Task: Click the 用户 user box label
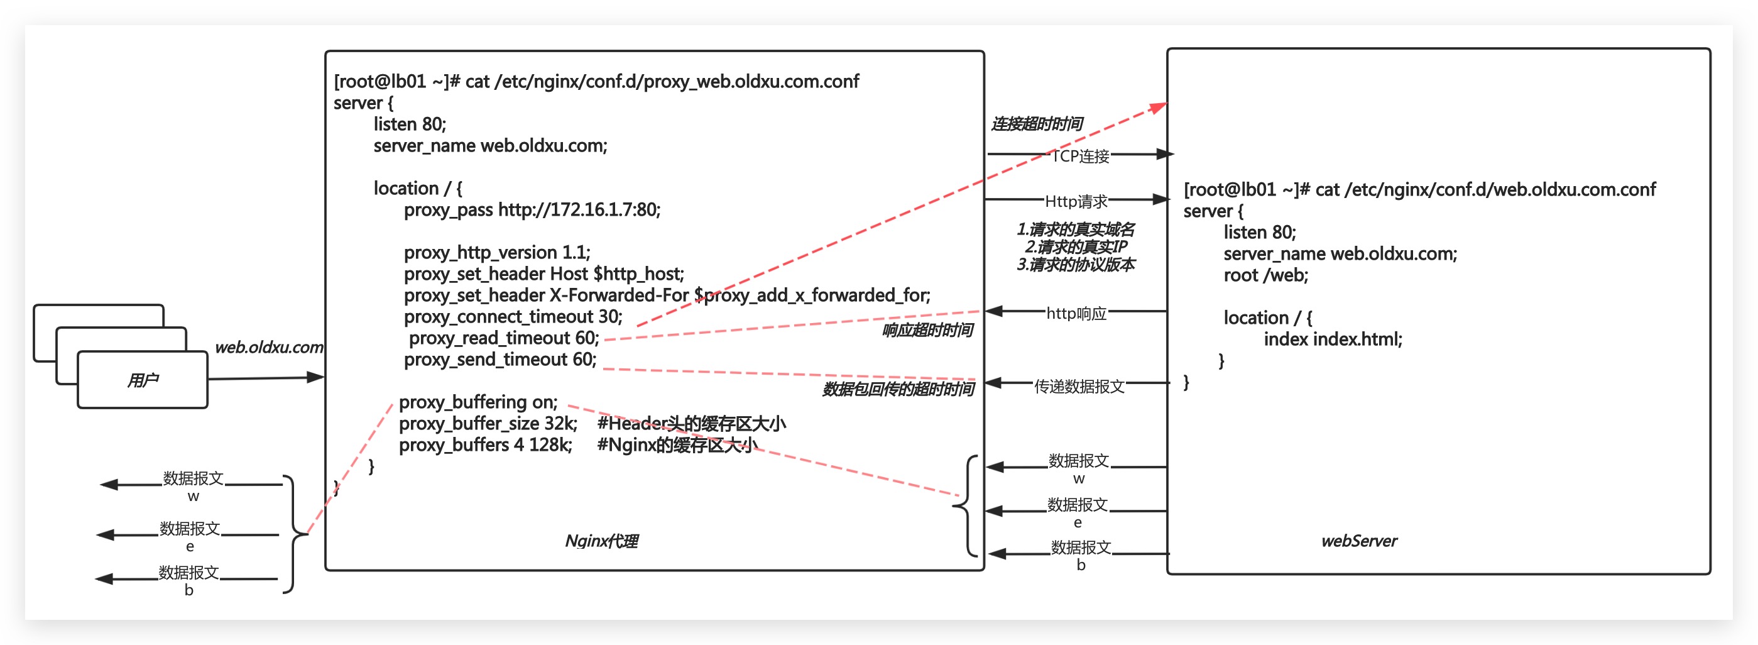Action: point(143,380)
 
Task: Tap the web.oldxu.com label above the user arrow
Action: point(269,348)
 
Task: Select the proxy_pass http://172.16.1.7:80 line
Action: point(532,209)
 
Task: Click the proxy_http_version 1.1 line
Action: point(497,253)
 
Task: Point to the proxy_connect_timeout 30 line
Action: point(513,317)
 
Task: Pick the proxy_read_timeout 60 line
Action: point(504,338)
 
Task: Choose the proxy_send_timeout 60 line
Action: point(500,360)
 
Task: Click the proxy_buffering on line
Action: point(478,402)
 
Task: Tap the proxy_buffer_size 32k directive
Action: point(488,424)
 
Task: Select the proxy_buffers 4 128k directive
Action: point(485,445)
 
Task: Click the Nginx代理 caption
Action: point(601,541)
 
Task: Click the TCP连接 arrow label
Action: point(1080,157)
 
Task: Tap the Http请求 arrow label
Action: point(1076,201)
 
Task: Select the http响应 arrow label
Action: point(1076,313)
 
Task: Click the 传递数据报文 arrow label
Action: point(1079,387)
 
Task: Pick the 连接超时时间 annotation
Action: point(1037,124)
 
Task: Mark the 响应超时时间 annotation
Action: point(927,330)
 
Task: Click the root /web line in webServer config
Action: point(1265,276)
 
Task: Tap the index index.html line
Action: point(1332,339)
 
